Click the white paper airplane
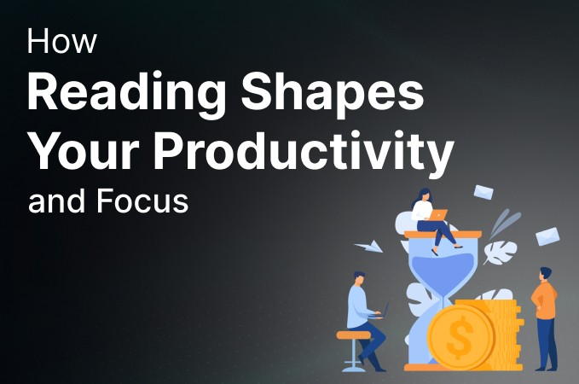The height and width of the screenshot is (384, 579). pos(368,247)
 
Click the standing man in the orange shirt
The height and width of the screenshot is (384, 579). pos(544,316)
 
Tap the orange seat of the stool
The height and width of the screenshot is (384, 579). pos(353,335)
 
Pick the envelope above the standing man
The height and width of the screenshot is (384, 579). pos(547,236)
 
